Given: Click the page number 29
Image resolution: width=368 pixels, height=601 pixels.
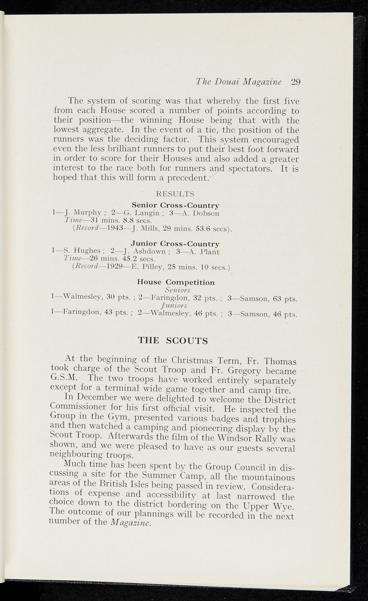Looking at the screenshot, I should [296, 82].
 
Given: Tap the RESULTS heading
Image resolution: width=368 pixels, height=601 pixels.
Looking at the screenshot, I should [175, 194].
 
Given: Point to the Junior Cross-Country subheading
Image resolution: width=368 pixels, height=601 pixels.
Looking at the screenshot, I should [175, 244].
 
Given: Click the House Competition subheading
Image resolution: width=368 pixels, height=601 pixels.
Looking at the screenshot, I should [176, 282].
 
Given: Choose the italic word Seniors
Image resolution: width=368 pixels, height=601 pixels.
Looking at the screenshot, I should [177, 290].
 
